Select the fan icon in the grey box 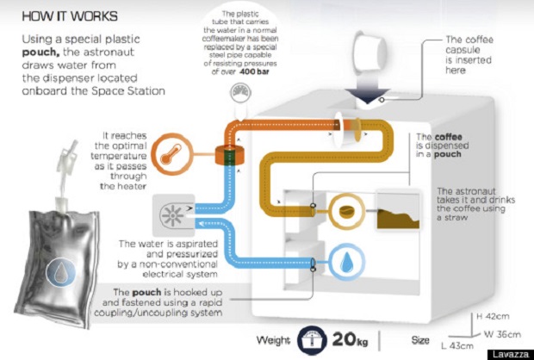[x=170, y=212]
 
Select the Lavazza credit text [x=510, y=353]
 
